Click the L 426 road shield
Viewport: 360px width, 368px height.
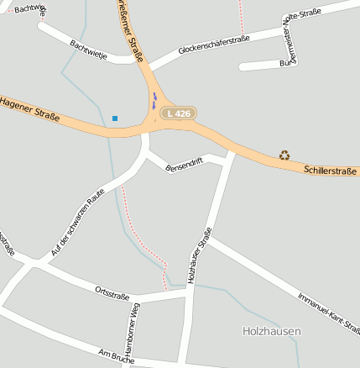point(178,113)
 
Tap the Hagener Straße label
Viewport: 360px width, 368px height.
point(29,109)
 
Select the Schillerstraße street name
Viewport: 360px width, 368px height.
point(331,171)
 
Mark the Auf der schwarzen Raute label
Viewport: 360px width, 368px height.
point(81,220)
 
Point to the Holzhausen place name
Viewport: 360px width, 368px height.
point(271,332)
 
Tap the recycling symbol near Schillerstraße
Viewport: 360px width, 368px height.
point(284,155)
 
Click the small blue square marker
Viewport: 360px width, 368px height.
point(115,118)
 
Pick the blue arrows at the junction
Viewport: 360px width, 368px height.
point(154,102)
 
